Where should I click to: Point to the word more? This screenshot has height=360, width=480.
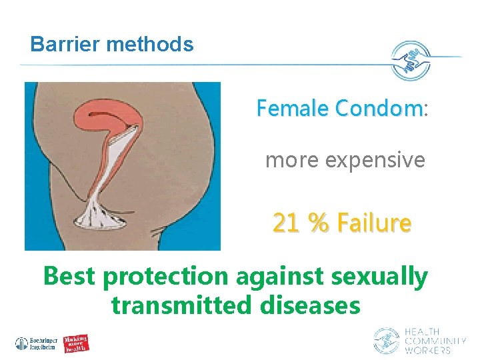point(287,160)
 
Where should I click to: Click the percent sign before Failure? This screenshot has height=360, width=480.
point(319,223)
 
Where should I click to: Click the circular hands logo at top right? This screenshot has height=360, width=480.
point(411,61)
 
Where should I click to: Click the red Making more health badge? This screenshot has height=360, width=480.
point(77,343)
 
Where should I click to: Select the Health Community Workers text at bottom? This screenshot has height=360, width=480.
point(435,341)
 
